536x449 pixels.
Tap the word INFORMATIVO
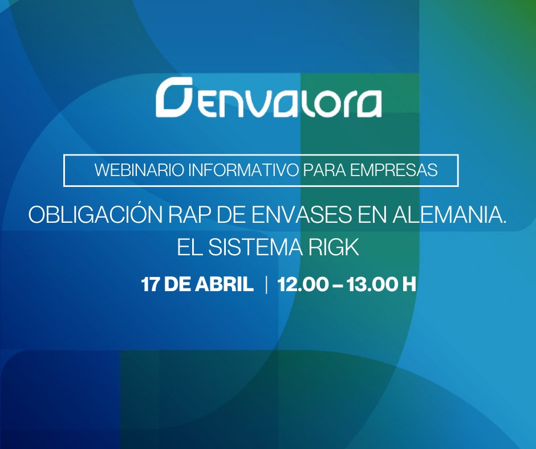(236, 170)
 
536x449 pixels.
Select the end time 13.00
(373, 284)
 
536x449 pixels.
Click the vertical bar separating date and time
(266, 284)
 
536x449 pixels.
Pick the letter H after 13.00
(409, 284)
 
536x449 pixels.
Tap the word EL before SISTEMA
(188, 247)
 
